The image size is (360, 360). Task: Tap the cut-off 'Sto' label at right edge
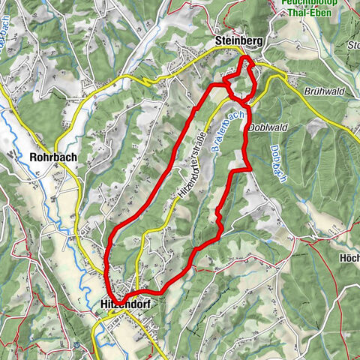354,45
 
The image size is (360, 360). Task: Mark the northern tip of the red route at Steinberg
245,57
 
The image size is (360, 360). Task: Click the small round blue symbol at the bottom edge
77,346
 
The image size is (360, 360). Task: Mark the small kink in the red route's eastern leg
218,217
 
